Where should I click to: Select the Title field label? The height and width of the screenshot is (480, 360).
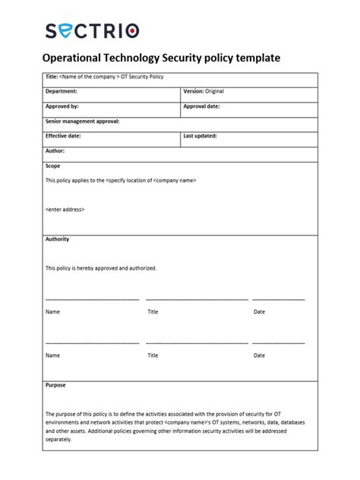[x=52, y=77]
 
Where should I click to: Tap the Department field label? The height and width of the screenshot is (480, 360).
[x=62, y=91]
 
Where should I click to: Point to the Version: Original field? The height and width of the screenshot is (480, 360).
[x=204, y=91]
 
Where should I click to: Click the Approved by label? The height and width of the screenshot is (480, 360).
[x=62, y=106]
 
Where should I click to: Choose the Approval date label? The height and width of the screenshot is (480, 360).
[x=201, y=106]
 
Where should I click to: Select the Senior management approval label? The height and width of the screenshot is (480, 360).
[x=82, y=121]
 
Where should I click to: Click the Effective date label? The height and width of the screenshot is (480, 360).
[x=63, y=136]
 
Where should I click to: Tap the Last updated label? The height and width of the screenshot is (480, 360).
[x=200, y=136]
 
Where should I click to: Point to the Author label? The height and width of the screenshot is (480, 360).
[x=55, y=150]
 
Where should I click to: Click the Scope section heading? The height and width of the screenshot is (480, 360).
[x=52, y=166]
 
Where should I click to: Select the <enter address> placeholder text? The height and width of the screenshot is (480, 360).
[x=65, y=209]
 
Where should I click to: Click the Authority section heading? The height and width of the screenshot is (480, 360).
[x=57, y=239]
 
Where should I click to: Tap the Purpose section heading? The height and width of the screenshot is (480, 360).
[x=55, y=385]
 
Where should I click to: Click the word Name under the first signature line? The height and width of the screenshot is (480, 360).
[x=52, y=311]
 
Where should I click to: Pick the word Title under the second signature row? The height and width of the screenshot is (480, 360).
[x=153, y=355]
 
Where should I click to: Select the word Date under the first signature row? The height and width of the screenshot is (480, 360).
[x=259, y=311]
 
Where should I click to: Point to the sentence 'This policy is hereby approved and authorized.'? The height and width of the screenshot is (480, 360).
[x=100, y=268]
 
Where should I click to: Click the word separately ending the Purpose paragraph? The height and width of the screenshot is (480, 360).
[x=58, y=439]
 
